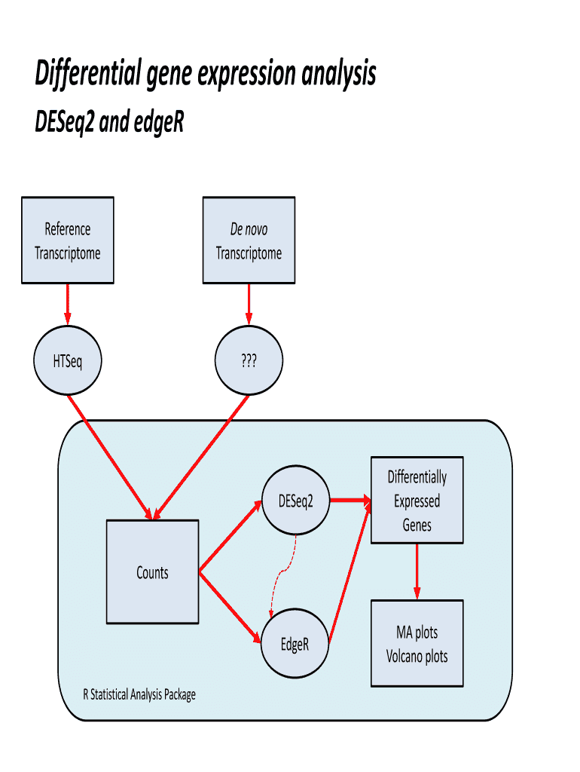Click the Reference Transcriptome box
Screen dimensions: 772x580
tap(68, 240)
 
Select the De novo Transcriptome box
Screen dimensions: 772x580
tap(249, 240)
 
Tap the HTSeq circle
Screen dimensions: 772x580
tap(68, 362)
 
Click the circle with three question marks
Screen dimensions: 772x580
tap(249, 362)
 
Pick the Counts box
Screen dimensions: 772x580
tap(153, 572)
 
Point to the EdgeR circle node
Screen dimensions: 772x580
tap(295, 645)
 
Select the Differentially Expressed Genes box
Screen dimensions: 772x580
tap(417, 501)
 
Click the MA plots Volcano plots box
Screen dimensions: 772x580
tap(417, 644)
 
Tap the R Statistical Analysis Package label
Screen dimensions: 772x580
tap(139, 694)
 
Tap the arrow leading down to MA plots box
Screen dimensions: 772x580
tap(417, 571)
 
